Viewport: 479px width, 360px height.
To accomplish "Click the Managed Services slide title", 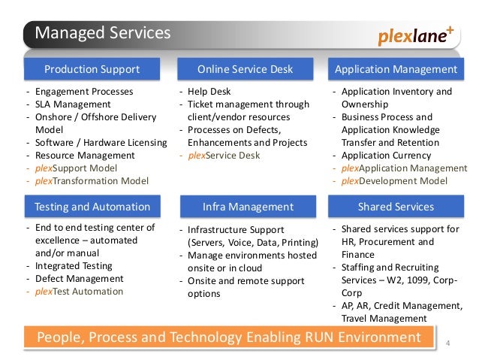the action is pos(104,33).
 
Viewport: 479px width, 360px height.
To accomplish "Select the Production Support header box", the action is pos(92,70).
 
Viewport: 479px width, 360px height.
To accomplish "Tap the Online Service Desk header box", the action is pos(245,70).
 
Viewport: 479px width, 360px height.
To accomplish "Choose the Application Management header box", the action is pos(396,70).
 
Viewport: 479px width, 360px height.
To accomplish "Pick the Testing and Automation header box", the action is pos(92,207).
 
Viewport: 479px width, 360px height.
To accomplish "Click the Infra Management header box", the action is pos(248,207).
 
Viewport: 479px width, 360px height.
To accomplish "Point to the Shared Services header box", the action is pos(396,207).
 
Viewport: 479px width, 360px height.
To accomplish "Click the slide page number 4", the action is pos(448,344).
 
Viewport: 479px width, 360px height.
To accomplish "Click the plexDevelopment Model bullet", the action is pos(399,181).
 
